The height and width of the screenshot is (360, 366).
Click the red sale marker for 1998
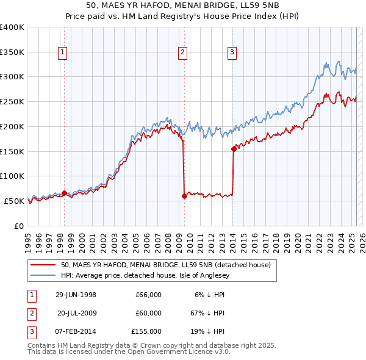pyautogui.click(x=64, y=193)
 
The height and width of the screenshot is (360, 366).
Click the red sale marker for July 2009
pyautogui.click(x=184, y=196)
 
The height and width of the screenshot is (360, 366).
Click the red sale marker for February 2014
pyautogui.click(x=234, y=148)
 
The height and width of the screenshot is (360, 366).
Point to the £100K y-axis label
pyautogui.click(x=12, y=176)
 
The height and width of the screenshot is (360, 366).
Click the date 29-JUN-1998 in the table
pyautogui.click(x=76, y=295)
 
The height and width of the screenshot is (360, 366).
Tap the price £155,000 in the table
pyautogui.click(x=146, y=331)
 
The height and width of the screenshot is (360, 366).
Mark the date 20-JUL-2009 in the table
pyautogui.click(x=77, y=313)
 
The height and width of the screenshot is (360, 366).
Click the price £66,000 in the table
pyautogui.click(x=148, y=295)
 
